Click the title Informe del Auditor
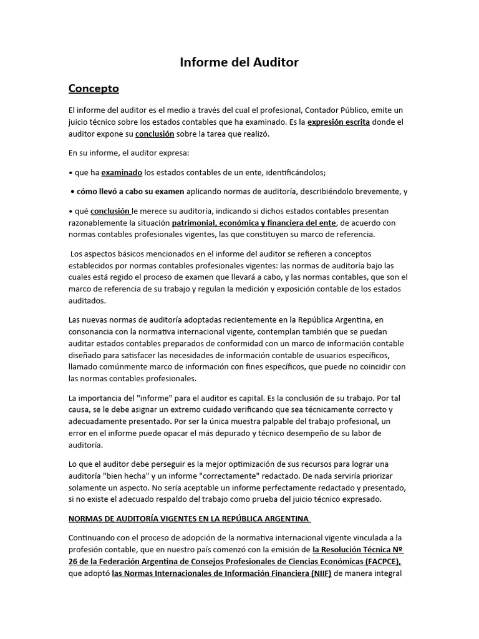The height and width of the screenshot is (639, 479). point(239,62)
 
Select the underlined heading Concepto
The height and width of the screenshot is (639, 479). point(94,88)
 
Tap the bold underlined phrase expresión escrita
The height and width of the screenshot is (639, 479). point(339,122)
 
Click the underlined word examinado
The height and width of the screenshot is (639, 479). point(122,172)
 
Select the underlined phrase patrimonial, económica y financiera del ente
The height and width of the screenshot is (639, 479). point(254,223)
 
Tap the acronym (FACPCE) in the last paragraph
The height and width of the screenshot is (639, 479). point(378,562)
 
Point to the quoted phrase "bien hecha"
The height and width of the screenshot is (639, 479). point(120,476)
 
